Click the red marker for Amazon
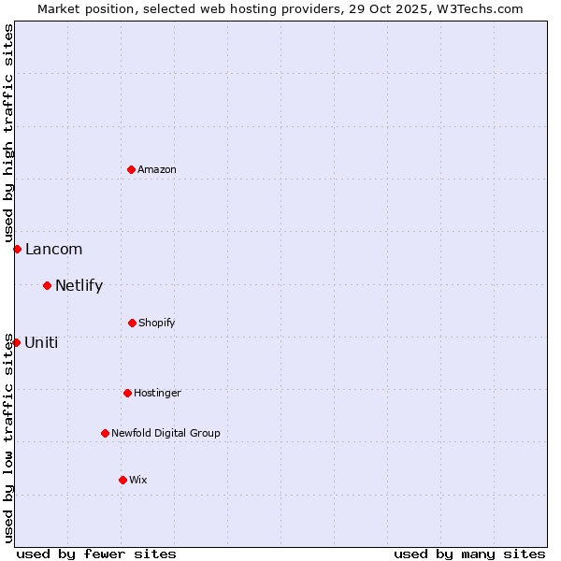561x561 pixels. click(x=131, y=169)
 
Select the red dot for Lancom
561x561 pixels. click(x=17, y=249)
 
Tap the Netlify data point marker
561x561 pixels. click(x=47, y=285)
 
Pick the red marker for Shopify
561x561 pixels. click(x=132, y=323)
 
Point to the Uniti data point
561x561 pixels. click(x=16, y=342)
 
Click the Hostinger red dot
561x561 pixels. click(x=127, y=393)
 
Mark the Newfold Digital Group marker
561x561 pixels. click(x=105, y=433)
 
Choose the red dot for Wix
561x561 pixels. click(x=122, y=480)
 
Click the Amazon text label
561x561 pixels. click(x=157, y=169)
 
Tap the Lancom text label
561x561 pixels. click(x=53, y=249)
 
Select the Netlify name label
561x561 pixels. click(x=79, y=285)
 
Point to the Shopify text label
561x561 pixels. click(x=157, y=323)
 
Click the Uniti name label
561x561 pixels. click(x=41, y=342)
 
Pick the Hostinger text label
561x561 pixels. click(x=157, y=393)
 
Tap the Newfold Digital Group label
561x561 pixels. click(x=165, y=433)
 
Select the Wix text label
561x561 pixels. click(x=138, y=480)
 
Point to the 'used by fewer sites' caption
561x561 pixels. click(x=96, y=554)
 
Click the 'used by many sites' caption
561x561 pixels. click(x=469, y=554)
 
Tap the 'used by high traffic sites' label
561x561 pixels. click(x=8, y=134)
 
